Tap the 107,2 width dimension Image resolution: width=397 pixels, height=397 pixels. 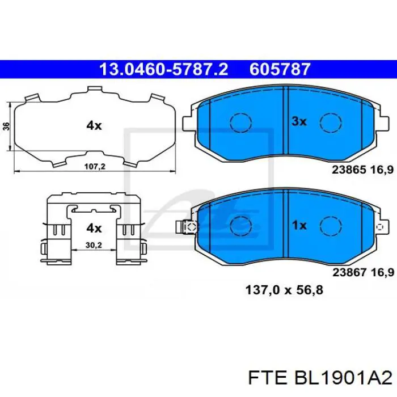click(95, 167)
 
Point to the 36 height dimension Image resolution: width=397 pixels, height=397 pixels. click(6, 126)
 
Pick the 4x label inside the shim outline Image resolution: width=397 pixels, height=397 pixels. click(94, 126)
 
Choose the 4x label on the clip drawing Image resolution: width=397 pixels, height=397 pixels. click(94, 228)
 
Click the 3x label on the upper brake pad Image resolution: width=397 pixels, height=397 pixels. click(299, 121)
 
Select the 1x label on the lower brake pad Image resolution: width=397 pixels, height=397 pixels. click(299, 225)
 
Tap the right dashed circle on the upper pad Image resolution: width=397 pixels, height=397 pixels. click(330, 122)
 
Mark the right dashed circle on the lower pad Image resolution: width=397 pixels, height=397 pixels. click(330, 226)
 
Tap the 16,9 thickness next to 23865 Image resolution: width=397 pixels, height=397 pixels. click(382, 168)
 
